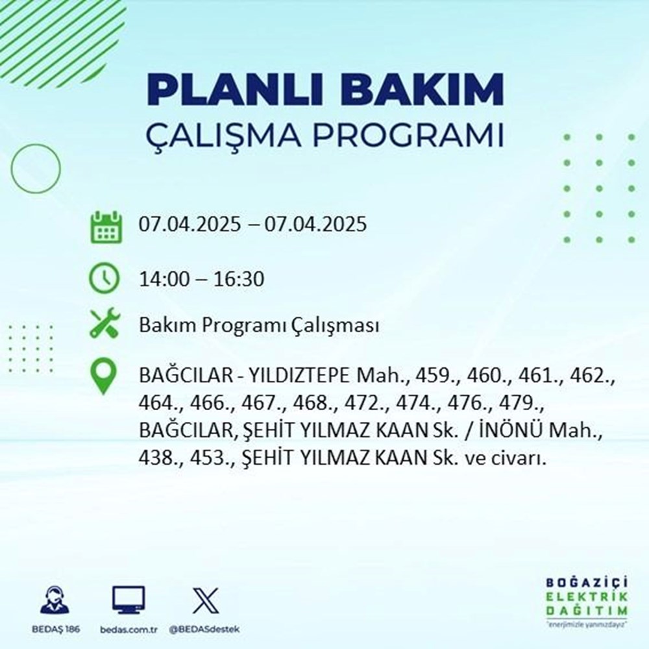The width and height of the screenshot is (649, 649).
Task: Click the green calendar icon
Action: [x=104, y=227]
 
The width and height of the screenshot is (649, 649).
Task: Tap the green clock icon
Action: [x=104, y=280]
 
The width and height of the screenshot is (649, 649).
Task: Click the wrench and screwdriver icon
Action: [x=104, y=324]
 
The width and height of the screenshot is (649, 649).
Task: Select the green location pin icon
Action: [x=104, y=376]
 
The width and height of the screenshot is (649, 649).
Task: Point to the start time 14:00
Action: [x=160, y=280]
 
